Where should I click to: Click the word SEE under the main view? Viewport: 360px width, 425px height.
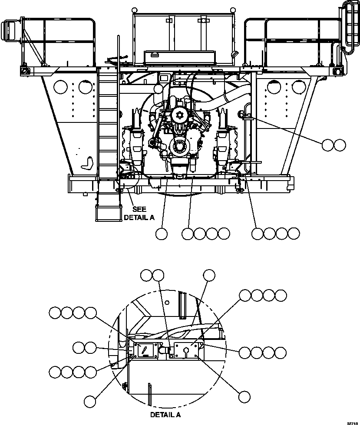(x=139, y=209)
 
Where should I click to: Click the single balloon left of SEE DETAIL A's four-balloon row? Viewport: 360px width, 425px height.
(x=161, y=234)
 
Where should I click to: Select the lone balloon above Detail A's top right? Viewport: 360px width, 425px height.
(x=210, y=274)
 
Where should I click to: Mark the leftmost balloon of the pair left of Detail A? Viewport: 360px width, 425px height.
(x=79, y=347)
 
